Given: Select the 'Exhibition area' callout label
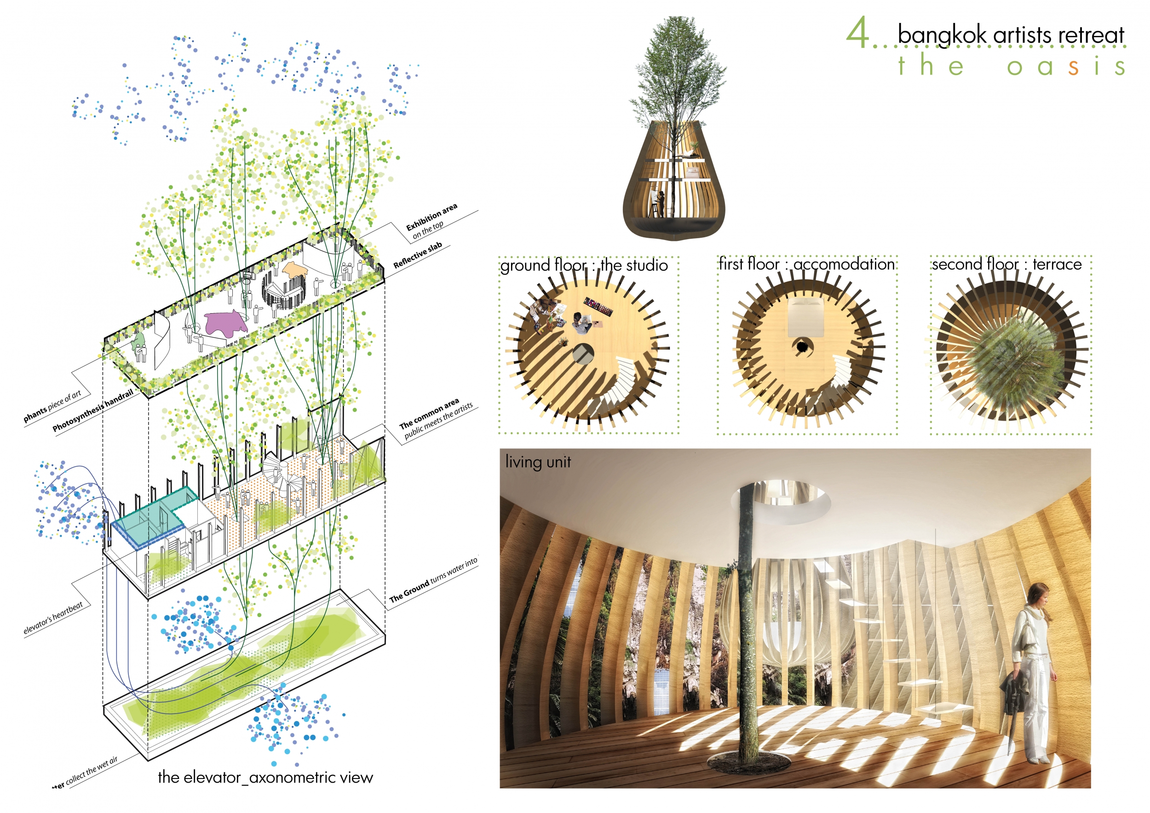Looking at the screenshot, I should tap(431, 216).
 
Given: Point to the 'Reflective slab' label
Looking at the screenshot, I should tap(417, 255).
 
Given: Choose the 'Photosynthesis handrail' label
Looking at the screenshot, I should tap(93, 410).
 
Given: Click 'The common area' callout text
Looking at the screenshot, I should tap(429, 413).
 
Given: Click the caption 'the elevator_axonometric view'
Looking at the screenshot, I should tap(265, 777).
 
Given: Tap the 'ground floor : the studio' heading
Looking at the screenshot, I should tap(584, 265).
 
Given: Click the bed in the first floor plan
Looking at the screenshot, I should tap(805, 317).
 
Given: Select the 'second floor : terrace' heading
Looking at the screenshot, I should tap(1007, 264).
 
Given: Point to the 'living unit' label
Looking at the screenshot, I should tap(538, 461).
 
